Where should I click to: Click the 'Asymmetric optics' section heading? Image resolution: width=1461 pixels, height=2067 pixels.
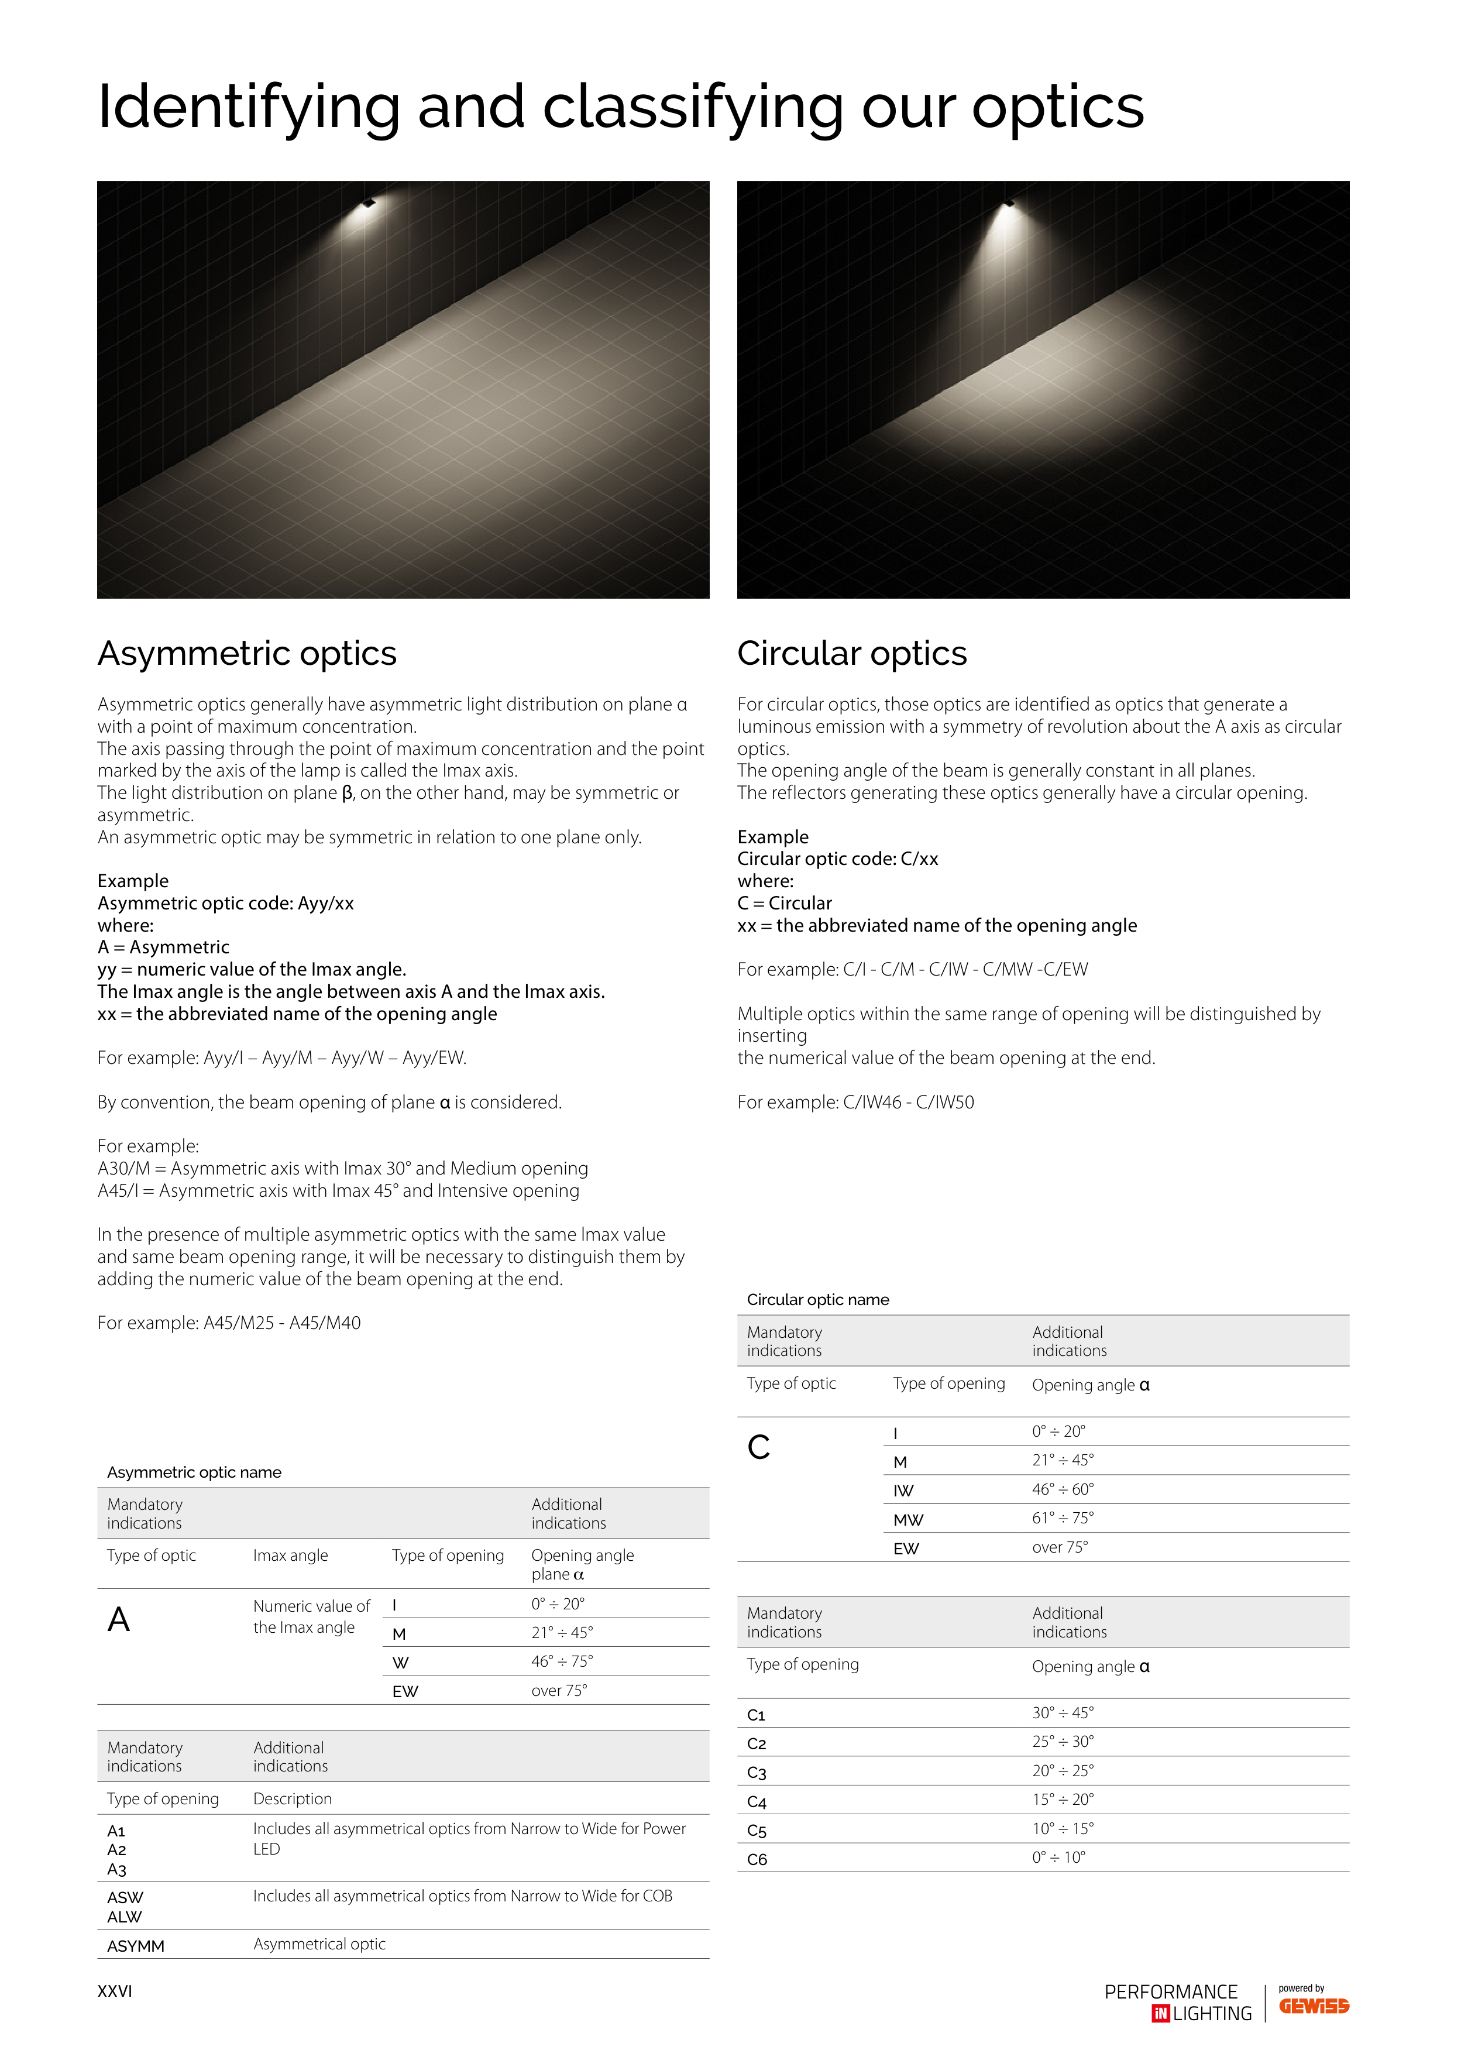247,654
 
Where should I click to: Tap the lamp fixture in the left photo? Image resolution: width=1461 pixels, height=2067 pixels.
367,204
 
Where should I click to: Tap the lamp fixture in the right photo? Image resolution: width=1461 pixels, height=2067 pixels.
1008,202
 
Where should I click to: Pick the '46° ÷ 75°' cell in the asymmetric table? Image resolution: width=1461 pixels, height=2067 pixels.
562,1661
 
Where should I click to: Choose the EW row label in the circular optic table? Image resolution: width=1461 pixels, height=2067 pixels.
906,1548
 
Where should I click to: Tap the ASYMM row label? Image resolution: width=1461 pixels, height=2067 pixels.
136,1945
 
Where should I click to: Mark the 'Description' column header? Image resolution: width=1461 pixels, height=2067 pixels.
293,1799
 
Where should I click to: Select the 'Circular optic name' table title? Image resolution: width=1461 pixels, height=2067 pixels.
817,1300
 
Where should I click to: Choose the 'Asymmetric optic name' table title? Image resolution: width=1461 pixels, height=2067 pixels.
194,1472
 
